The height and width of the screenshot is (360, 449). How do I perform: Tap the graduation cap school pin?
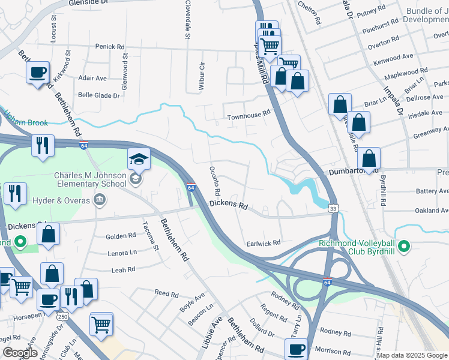[x=139, y=160]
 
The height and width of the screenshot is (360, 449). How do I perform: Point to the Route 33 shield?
[x=333, y=207]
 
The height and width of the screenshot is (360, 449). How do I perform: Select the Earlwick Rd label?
[x=264, y=244]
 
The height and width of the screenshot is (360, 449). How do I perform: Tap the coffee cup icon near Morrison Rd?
[x=295, y=349]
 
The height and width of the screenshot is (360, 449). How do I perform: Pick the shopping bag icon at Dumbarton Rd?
[x=369, y=159]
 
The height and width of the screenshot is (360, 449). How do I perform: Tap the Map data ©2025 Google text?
[x=412, y=355]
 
